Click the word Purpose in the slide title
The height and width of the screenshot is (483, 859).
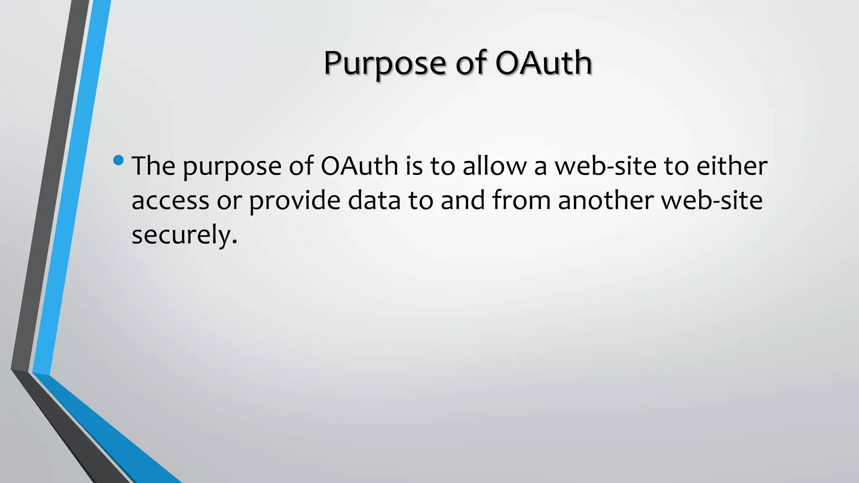384,64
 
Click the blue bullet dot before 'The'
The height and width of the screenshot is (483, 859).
119,160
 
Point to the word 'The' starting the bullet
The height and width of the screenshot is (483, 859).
154,166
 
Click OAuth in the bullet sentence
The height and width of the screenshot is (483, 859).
359,166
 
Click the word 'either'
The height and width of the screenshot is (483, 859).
732,166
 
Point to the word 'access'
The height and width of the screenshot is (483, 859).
170,201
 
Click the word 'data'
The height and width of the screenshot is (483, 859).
374,200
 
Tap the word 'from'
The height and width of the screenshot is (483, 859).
521,200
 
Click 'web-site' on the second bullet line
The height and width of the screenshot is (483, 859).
712,200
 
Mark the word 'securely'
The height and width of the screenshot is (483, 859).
181,235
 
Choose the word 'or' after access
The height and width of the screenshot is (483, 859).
229,201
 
